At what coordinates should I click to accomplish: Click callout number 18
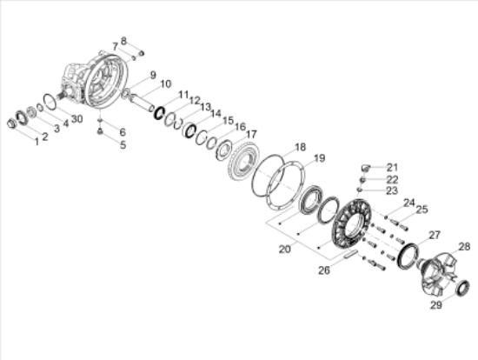(299, 147)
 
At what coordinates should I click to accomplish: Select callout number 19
(318, 158)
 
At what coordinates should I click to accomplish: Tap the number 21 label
(391, 167)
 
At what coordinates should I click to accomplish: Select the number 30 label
(76, 119)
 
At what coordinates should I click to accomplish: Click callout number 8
(123, 41)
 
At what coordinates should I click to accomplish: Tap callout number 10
(165, 83)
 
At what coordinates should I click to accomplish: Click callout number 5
(123, 144)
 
